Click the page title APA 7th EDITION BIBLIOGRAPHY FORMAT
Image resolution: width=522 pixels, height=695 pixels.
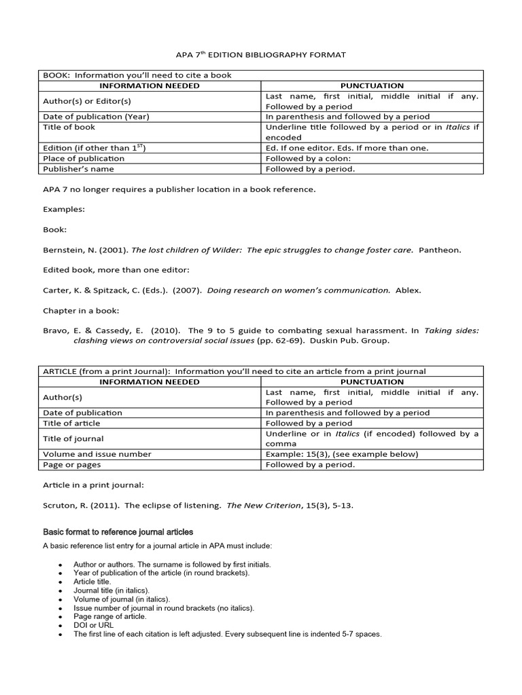point(260,54)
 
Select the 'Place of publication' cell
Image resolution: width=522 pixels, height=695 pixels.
point(84,158)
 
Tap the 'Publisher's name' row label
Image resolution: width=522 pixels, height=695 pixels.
point(78,169)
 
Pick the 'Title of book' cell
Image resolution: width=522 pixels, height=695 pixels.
point(69,127)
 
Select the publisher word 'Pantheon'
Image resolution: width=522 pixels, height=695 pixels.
point(440,250)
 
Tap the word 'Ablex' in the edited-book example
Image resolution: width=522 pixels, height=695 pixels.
point(408,290)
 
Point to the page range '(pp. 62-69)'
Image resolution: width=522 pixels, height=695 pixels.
point(280,341)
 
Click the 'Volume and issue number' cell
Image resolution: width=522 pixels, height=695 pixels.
point(97,454)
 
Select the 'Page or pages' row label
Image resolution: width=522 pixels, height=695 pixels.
point(73,465)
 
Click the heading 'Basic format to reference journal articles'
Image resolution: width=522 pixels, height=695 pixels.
point(118,531)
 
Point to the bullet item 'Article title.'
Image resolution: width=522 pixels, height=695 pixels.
point(92,582)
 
